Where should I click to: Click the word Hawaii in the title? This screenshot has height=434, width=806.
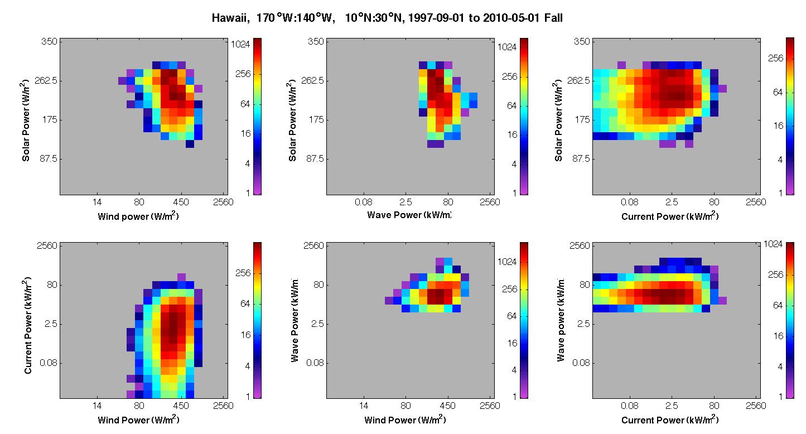pyautogui.click(x=230, y=18)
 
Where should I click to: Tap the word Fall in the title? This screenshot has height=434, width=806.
pyautogui.click(x=553, y=17)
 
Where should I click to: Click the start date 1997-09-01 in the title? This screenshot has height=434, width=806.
pyautogui.click(x=436, y=18)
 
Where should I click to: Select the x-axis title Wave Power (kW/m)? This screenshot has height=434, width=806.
pyautogui.click(x=409, y=215)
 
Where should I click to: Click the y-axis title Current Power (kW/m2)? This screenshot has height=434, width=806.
pyautogui.click(x=28, y=325)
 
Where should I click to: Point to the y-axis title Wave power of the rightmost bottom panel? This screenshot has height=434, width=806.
pyautogui.click(x=560, y=320)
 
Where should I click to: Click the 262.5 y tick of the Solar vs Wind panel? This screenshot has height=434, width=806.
pyautogui.click(x=46, y=81)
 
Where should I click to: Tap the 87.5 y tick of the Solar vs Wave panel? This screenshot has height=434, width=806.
pyautogui.click(x=315, y=158)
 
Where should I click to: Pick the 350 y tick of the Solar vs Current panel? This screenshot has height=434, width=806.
pyautogui.click(x=582, y=41)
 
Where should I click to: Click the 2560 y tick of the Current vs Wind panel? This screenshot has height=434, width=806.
pyautogui.click(x=47, y=245)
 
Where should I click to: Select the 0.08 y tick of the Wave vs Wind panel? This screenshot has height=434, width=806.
pyautogui.click(x=315, y=363)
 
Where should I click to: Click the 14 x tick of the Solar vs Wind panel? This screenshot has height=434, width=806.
pyautogui.click(x=97, y=202)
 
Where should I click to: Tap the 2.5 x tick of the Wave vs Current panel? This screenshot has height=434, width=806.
pyautogui.click(x=672, y=406)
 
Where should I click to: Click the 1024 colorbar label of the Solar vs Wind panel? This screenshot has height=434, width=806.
pyautogui.click(x=240, y=44)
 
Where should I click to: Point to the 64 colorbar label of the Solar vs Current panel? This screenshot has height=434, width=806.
pyautogui.click(x=778, y=92)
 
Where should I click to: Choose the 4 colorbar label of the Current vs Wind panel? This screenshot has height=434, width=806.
pyautogui.click(x=248, y=366)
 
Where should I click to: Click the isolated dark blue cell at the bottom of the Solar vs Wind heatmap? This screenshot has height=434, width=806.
pyautogui.click(x=190, y=144)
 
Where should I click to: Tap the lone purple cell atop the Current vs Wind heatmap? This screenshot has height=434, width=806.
pyautogui.click(x=182, y=277)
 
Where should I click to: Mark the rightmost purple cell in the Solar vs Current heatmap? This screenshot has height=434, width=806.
pyautogui.click(x=722, y=89)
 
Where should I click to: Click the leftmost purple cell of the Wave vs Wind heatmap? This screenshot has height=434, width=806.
pyautogui.click(x=389, y=301)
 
